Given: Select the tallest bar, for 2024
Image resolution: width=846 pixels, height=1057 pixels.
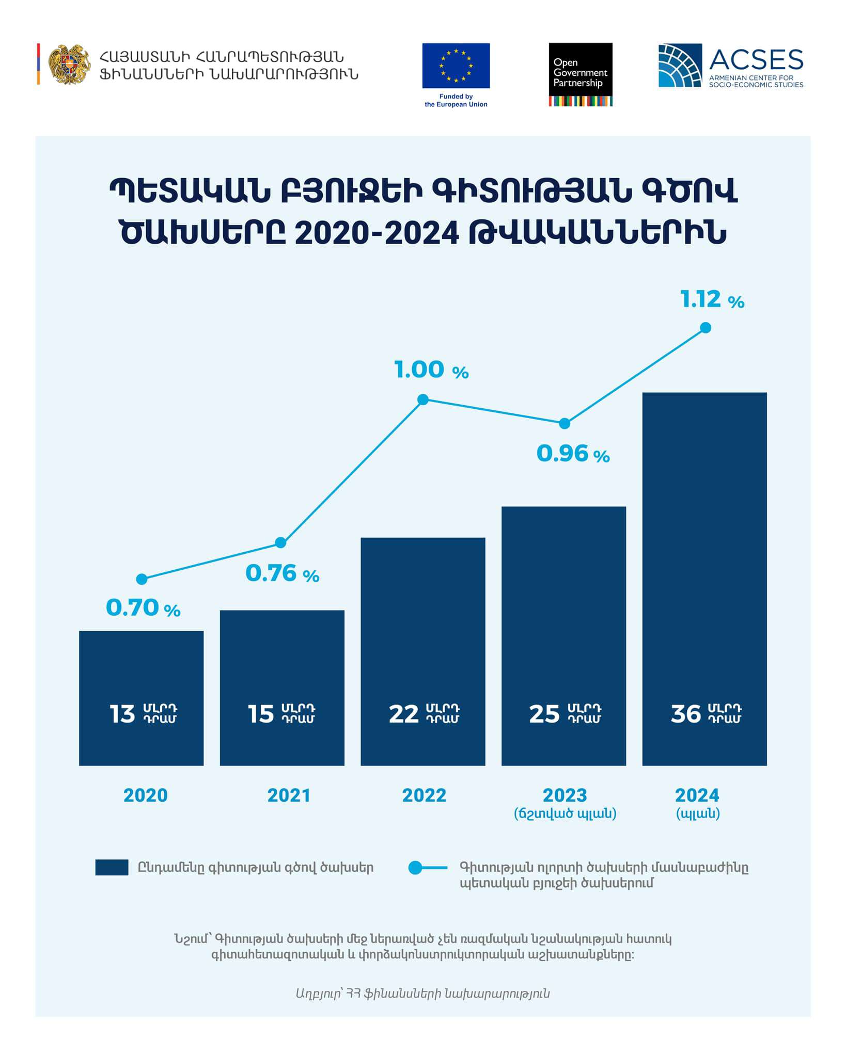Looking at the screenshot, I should point(704,578).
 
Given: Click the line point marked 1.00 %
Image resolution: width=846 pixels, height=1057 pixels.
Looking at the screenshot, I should point(423,399).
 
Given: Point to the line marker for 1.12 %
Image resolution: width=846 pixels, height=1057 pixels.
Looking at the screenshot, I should point(706,328).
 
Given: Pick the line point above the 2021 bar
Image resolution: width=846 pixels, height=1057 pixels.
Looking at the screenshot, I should point(280,542).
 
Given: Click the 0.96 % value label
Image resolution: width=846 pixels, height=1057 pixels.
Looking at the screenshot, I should point(573,454).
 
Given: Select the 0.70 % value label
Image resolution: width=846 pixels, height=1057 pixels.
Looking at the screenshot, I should point(143,608).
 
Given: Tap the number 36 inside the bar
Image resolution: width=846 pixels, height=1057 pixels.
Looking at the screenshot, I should point(686,714).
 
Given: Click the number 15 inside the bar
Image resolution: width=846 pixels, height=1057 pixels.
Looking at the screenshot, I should point(261,714).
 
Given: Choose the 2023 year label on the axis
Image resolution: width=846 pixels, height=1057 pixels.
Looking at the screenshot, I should point(565,795).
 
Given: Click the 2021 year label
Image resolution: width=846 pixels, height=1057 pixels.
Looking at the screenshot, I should point(289,795).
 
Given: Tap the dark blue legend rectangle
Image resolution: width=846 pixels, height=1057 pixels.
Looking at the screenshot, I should point(112,868).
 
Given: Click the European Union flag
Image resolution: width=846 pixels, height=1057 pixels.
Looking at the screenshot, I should point(456,66).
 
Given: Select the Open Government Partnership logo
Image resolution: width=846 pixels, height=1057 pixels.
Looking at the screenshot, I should point(581,74).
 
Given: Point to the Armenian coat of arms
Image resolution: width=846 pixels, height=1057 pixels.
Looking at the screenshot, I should point(69,65).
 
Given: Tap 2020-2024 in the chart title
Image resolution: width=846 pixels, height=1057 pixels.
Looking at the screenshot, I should point(377,233).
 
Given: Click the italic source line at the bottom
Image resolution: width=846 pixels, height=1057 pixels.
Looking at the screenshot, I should point(422,994).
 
